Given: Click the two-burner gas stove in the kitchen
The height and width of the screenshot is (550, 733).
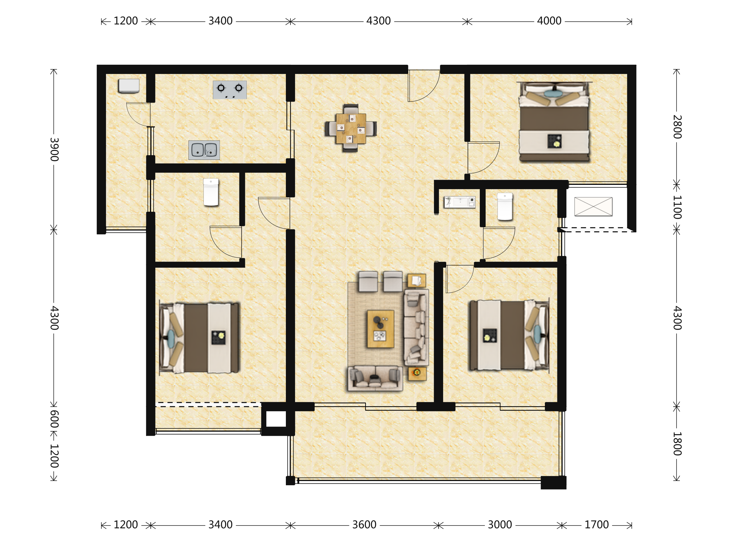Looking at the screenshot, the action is [x=230, y=90].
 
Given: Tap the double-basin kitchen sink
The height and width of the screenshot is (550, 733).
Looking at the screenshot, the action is [x=204, y=150].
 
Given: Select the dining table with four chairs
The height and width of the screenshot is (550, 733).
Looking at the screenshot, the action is [x=351, y=128].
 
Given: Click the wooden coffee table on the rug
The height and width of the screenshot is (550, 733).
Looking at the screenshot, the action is [x=381, y=329].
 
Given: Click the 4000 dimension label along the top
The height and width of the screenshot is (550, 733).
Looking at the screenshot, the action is [x=549, y=21].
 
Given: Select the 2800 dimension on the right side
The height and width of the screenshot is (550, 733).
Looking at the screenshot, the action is [x=677, y=127].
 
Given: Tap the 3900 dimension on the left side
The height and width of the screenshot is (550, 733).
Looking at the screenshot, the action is [x=54, y=149].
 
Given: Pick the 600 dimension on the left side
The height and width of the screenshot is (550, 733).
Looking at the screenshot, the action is [x=54, y=419].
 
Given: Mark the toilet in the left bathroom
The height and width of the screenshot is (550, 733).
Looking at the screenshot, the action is [x=211, y=192].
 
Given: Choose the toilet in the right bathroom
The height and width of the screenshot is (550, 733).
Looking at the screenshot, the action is [x=505, y=207].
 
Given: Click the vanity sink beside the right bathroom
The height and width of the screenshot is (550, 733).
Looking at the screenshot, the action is [x=460, y=202].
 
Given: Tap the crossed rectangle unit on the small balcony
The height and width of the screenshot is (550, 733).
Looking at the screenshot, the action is [x=593, y=207].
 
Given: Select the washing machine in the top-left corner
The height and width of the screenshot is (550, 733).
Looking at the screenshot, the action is [x=129, y=86].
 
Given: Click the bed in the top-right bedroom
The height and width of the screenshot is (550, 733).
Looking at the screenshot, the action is [x=554, y=122].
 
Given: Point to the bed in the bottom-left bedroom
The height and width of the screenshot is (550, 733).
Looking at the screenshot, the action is [x=199, y=338].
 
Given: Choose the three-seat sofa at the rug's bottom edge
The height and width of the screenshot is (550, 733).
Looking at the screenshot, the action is [x=375, y=378].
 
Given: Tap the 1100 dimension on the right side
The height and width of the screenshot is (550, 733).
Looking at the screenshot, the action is [x=677, y=207].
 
